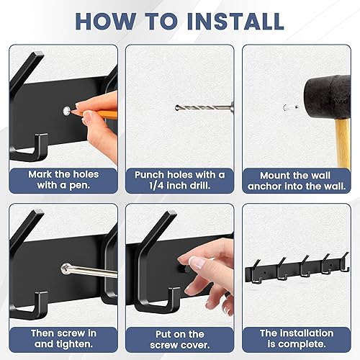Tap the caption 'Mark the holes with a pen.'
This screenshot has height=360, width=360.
pos(63,180)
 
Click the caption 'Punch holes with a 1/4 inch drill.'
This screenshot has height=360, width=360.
pos(179,180)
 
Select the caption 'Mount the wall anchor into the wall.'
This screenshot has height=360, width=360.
pos(296,180)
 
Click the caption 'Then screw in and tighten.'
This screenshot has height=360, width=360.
pos(63,338)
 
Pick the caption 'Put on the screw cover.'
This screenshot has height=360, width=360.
pos(179,338)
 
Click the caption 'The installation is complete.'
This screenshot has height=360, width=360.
pos(296,338)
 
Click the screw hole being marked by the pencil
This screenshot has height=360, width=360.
pos(67,110)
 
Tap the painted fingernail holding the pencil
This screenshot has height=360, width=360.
pos(87,113)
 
